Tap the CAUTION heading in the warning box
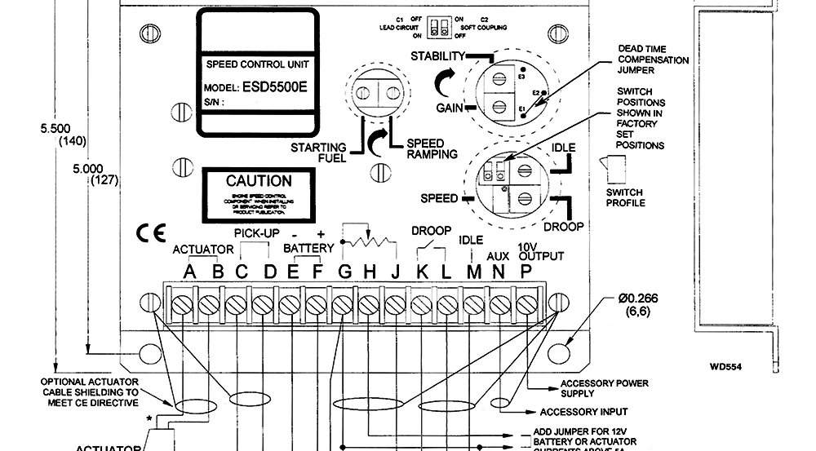(x=259, y=181)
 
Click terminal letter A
(x=191, y=272)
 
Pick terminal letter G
(x=345, y=272)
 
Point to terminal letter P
(x=526, y=272)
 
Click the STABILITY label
(x=437, y=56)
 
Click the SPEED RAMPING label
(x=432, y=148)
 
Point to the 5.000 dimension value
(x=93, y=168)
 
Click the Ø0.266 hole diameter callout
(x=637, y=298)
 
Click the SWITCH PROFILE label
(x=626, y=197)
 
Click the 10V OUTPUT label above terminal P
(x=540, y=250)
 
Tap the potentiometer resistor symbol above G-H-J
(x=365, y=241)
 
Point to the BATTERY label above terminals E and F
(x=308, y=248)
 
